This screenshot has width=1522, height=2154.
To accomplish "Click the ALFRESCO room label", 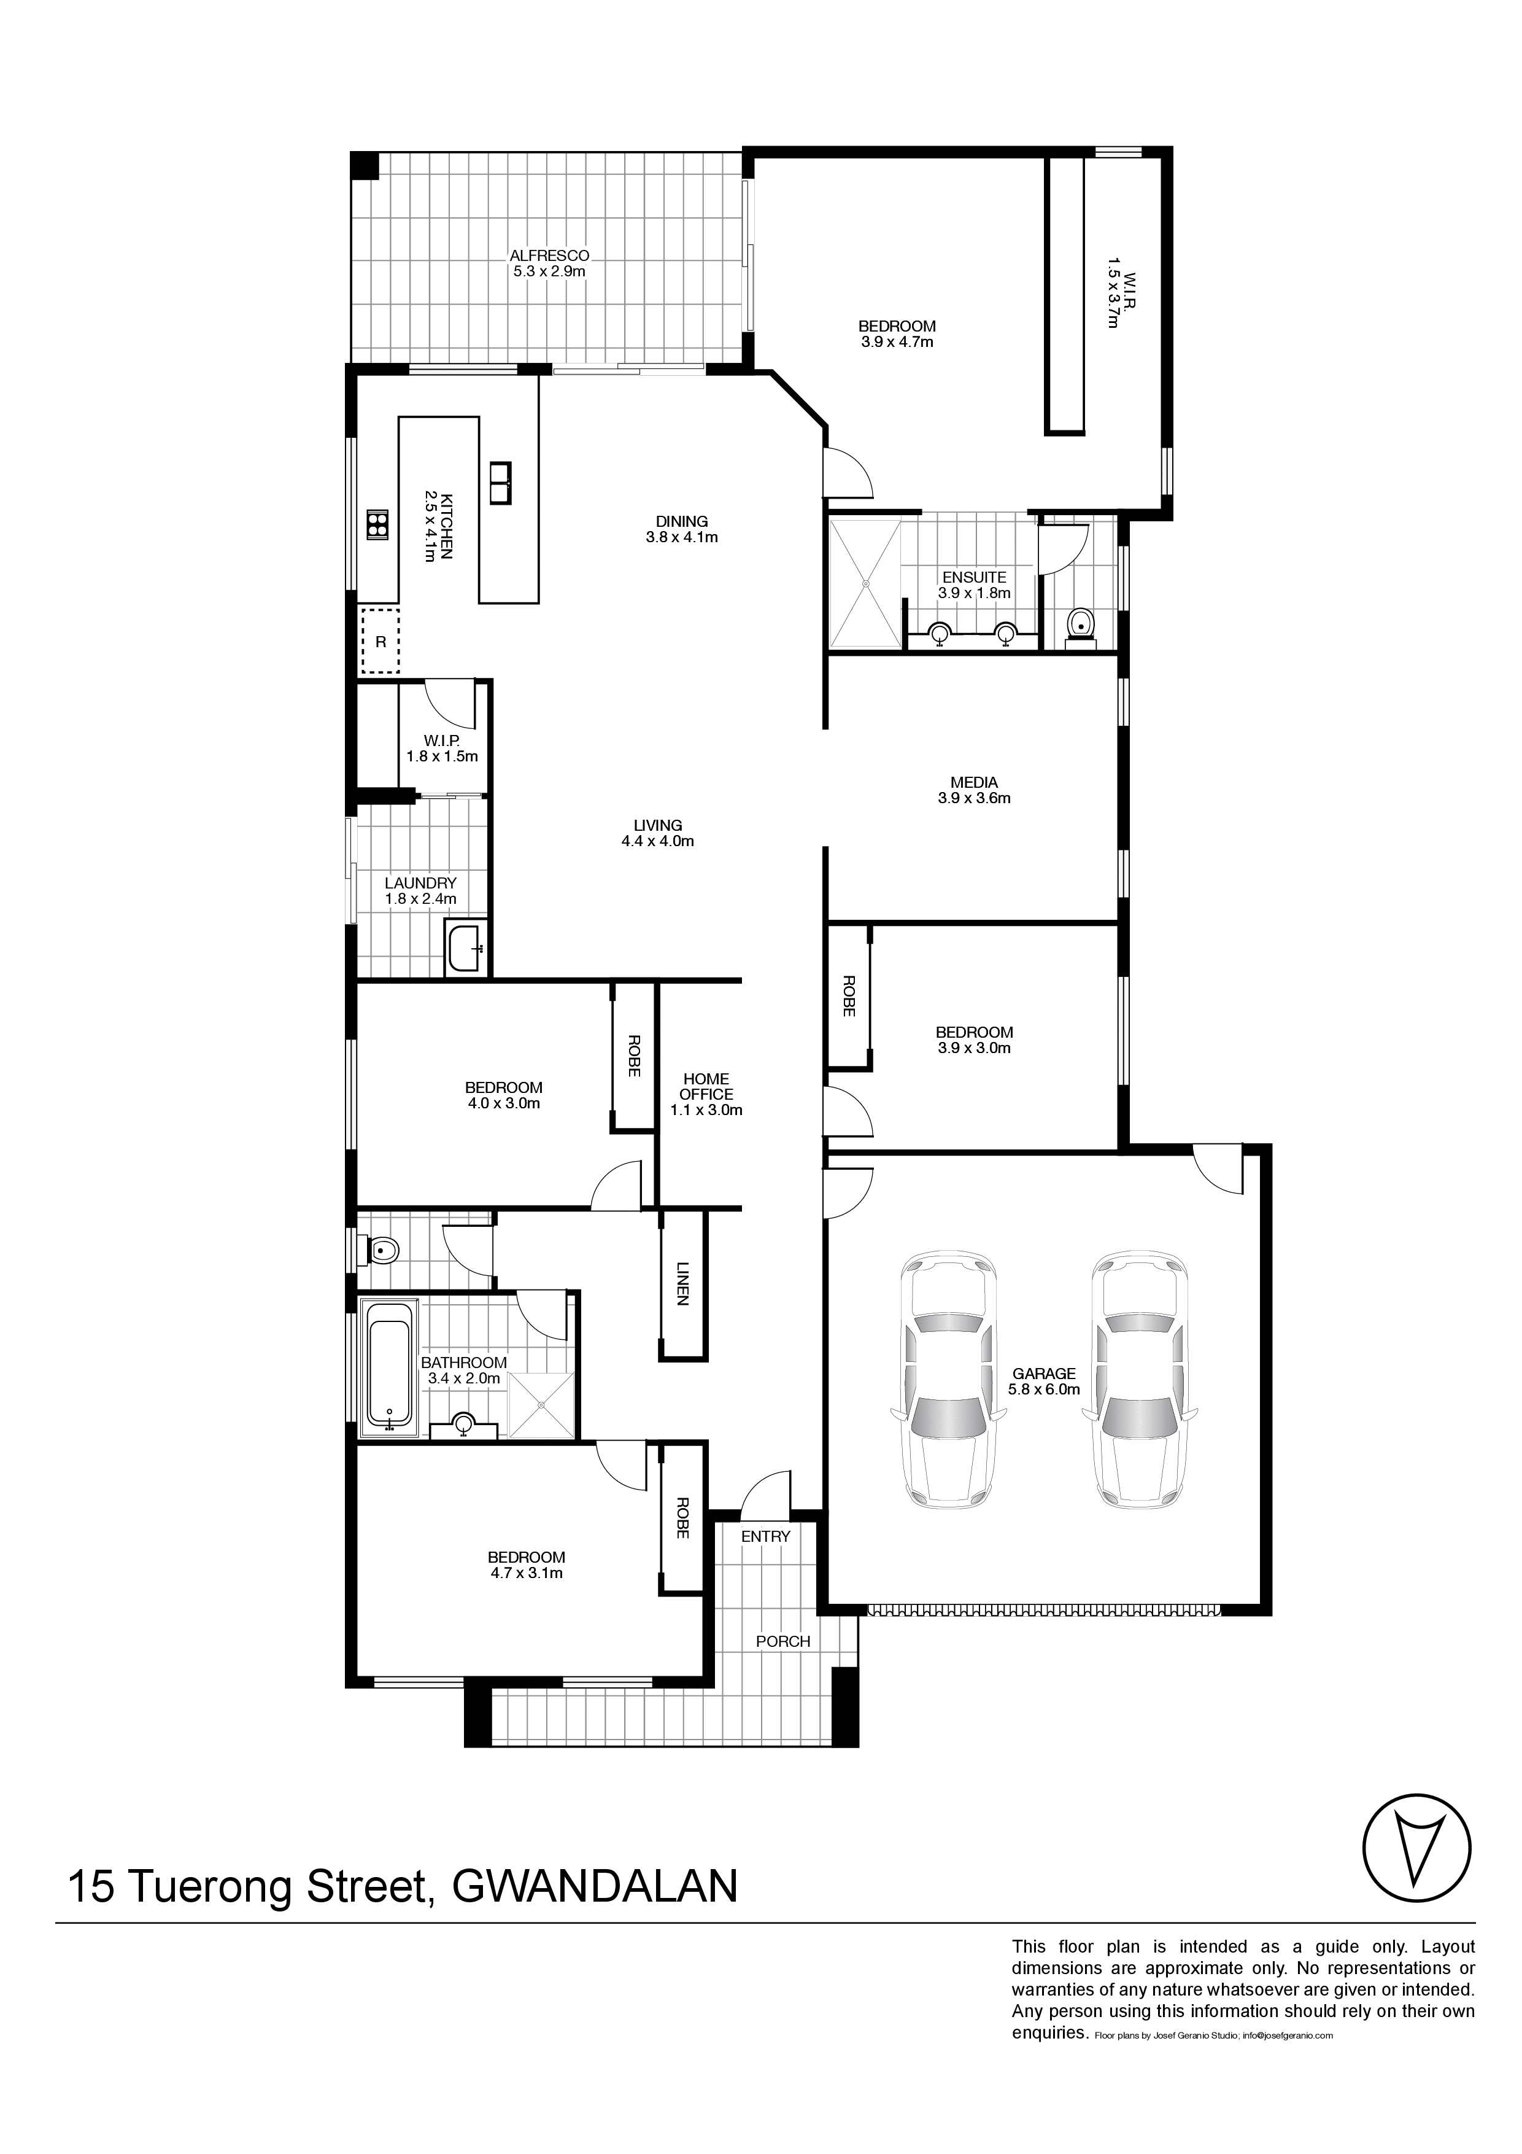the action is (549, 255).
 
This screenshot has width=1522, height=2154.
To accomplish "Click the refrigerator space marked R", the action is (381, 642).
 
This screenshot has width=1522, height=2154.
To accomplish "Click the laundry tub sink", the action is (465, 949).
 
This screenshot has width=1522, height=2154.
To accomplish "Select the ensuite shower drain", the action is (865, 583).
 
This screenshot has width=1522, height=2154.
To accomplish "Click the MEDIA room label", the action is (975, 782).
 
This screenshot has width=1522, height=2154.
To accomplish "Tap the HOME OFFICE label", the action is (706, 1086).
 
